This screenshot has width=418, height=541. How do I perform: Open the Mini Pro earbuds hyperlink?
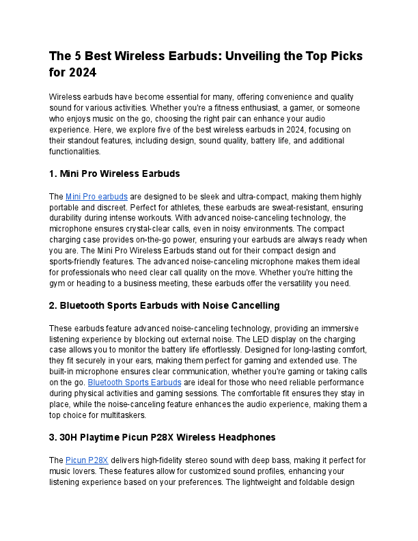pyautogui.click(x=96, y=196)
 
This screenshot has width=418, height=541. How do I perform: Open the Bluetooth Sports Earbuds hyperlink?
pyautogui.click(x=135, y=383)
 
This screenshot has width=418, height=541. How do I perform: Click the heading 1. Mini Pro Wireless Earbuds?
pyautogui.click(x=114, y=174)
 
